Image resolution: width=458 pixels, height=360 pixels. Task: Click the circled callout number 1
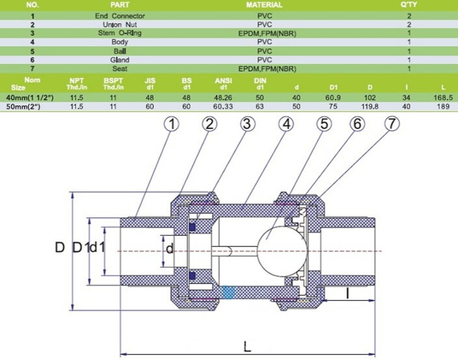pos(172,124)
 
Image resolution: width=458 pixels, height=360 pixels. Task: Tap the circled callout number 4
pos(286,124)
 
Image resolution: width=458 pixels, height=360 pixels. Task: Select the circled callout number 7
pos(392,124)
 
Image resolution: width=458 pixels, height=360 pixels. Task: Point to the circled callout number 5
pos(324,124)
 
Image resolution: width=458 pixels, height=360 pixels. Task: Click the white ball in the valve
pos(282,251)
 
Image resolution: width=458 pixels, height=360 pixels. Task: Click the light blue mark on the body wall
pos(229,292)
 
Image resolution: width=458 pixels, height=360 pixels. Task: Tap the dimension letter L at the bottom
pos(247,346)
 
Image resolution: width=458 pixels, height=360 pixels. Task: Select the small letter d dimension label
pos(170,249)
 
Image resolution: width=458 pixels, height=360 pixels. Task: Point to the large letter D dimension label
pos(60,247)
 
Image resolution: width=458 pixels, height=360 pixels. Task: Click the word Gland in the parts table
pos(120,60)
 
